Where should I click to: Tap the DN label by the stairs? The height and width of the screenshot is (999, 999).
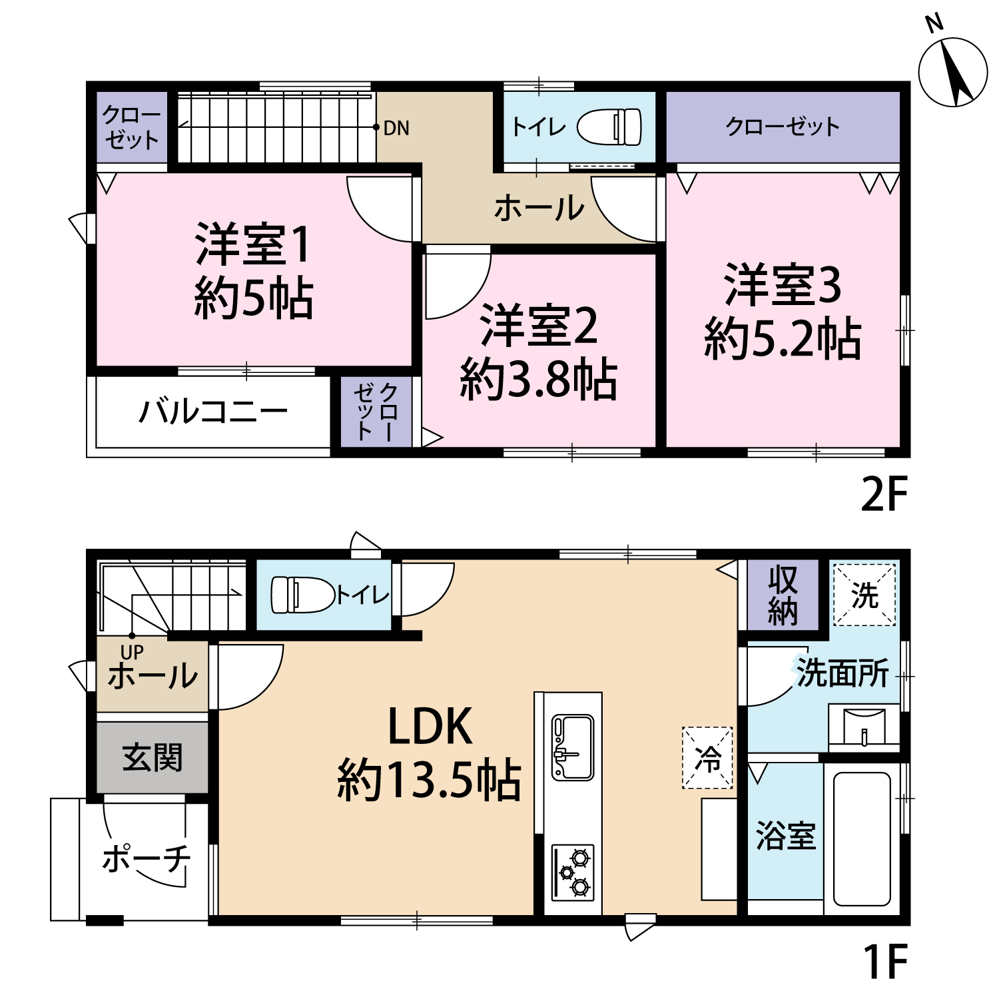pyautogui.click(x=396, y=128)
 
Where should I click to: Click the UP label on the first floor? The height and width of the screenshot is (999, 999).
pyautogui.click(x=132, y=652)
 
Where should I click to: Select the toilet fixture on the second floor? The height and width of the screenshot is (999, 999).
pyautogui.click(x=610, y=127)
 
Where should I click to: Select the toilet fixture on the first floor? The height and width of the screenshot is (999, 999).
pyautogui.click(x=302, y=595)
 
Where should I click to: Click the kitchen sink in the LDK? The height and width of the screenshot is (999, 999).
pyautogui.click(x=572, y=747)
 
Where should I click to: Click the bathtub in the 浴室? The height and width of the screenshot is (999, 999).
pyautogui.click(x=862, y=838)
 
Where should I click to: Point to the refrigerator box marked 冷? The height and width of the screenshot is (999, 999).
pyautogui.click(x=707, y=758)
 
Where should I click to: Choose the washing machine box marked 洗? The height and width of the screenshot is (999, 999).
pyautogui.click(x=864, y=595)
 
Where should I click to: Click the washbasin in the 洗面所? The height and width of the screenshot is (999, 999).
pyautogui.click(x=864, y=727)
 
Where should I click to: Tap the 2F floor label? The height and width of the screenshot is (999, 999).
pyautogui.click(x=884, y=494)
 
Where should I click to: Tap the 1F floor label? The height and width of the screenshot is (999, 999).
pyautogui.click(x=885, y=961)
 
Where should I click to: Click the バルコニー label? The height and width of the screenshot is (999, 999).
pyautogui.click(x=213, y=412)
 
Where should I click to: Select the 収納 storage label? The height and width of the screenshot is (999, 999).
pyautogui.click(x=783, y=595)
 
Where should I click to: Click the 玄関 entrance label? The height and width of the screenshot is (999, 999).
pyautogui.click(x=153, y=758)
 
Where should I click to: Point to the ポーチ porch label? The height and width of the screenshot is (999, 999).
pyautogui.click(x=147, y=858)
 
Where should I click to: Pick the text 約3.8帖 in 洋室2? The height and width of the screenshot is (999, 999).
pyautogui.click(x=539, y=380)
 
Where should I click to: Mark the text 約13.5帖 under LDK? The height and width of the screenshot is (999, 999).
pyautogui.click(x=430, y=780)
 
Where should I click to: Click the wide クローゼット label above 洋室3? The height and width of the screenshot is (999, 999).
pyautogui.click(x=783, y=127)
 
